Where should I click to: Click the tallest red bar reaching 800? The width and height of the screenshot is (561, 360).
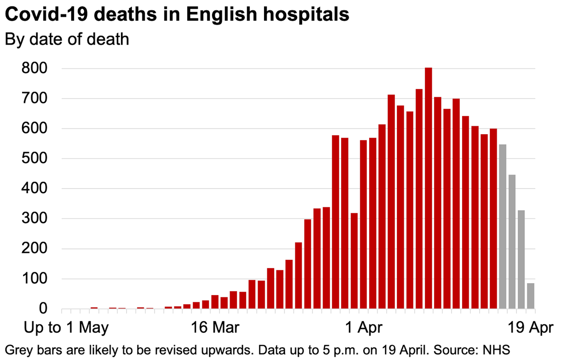coord(428,189)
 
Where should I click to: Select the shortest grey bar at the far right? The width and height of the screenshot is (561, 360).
coord(531,296)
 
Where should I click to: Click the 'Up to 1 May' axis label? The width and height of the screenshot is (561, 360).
coord(66,328)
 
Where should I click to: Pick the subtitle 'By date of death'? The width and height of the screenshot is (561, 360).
coord(67,39)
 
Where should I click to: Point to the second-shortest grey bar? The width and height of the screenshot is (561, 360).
coord(521,260)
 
